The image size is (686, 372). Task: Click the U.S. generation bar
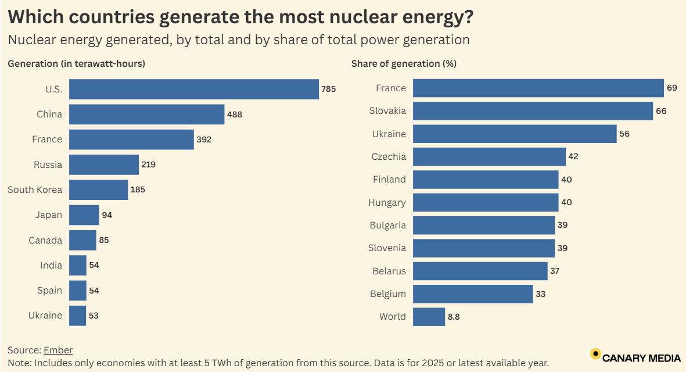coord(194,89)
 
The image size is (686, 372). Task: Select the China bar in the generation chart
coord(146,115)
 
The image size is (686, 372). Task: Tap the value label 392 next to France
coord(204,139)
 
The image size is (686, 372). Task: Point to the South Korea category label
coord(35,190)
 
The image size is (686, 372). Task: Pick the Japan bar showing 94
coord(84,215)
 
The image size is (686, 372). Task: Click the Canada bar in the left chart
coord(82,240)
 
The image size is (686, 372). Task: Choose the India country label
coord(51,266)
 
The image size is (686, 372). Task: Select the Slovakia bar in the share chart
coord(533,111)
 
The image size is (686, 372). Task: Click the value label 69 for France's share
coord(672,88)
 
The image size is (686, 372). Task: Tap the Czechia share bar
coord(489,156)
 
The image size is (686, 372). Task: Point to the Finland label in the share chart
coord(389,180)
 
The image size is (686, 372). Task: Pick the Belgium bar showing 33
coord(473,294)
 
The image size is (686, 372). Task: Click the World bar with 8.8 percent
coord(429,317)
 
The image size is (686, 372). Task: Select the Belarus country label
coord(389,271)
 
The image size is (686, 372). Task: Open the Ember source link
coord(58,350)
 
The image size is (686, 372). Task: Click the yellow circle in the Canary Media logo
coord(595,353)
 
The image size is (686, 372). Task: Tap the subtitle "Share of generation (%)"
coord(404,64)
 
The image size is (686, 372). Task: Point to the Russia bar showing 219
coord(104,164)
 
